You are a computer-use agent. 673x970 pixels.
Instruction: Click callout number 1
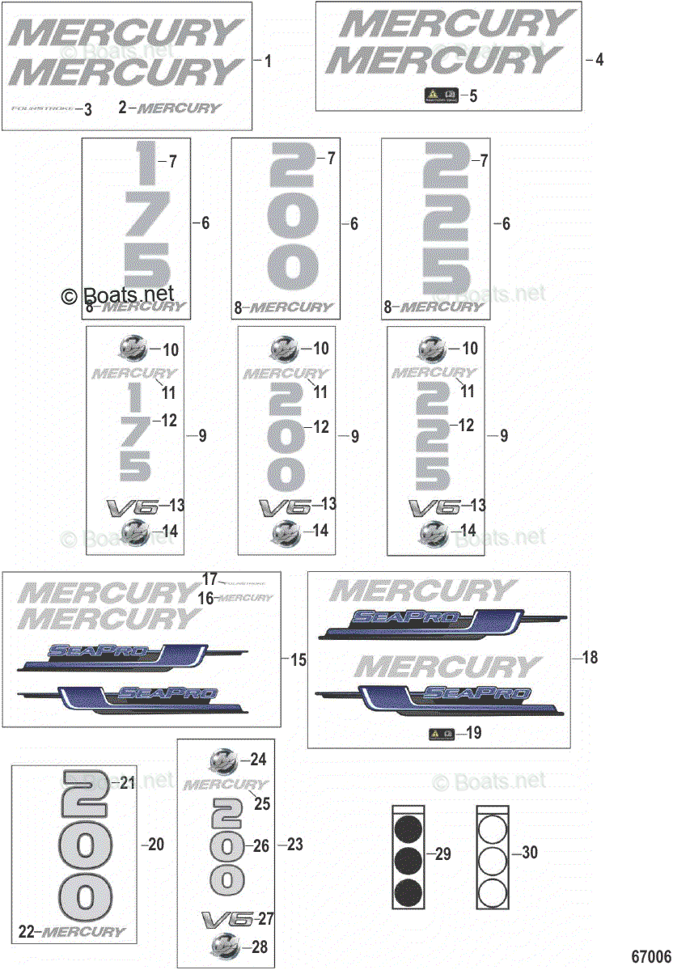point(269,61)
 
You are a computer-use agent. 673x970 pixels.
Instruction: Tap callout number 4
point(599,59)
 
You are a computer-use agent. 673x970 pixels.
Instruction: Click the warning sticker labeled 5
point(442,95)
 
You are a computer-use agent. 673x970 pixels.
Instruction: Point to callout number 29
point(443,854)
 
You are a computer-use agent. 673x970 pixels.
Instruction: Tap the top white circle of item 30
point(493,828)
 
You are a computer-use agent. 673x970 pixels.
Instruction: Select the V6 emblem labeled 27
point(226,919)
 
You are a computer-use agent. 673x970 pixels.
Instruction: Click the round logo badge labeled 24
point(224,760)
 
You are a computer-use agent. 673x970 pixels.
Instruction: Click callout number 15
point(298,660)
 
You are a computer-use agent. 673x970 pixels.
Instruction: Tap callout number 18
point(590,658)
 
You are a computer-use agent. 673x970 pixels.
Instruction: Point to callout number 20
point(155,844)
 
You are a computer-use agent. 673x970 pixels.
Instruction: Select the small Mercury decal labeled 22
point(83,932)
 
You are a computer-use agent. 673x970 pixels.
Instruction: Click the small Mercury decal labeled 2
point(180,108)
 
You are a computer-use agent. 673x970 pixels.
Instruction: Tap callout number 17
point(210,579)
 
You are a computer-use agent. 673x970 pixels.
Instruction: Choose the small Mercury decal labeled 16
point(246,598)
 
